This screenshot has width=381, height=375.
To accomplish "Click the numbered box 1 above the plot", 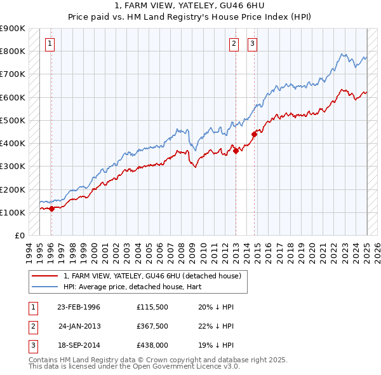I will coord(50,44).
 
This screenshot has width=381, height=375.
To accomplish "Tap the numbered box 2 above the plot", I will coord(234,44).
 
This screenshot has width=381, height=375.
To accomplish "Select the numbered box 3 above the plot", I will coord(252,44).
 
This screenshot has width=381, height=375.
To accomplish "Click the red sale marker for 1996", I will coord(51,208).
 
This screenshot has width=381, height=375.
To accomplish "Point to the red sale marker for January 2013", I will coord(236,151).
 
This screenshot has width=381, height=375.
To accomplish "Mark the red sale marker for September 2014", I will coord(254,133).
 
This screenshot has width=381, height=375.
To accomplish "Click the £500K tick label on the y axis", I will coord(13,120).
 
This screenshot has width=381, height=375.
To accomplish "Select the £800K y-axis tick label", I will coord(13,51).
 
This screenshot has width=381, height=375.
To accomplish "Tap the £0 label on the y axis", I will coord(19,235).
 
